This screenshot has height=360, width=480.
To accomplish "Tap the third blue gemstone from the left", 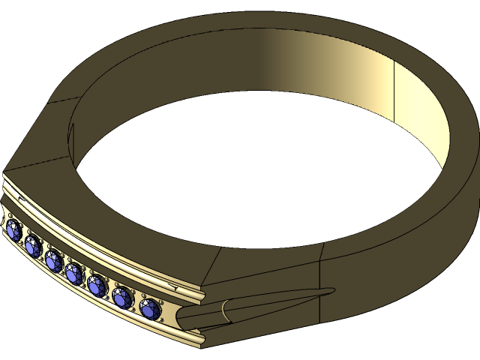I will pos(53,261).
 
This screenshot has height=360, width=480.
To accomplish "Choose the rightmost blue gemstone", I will pos(150,307).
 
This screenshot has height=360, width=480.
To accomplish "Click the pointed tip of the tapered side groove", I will pos(333,289).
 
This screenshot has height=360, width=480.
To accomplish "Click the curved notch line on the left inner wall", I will pos(72,135).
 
